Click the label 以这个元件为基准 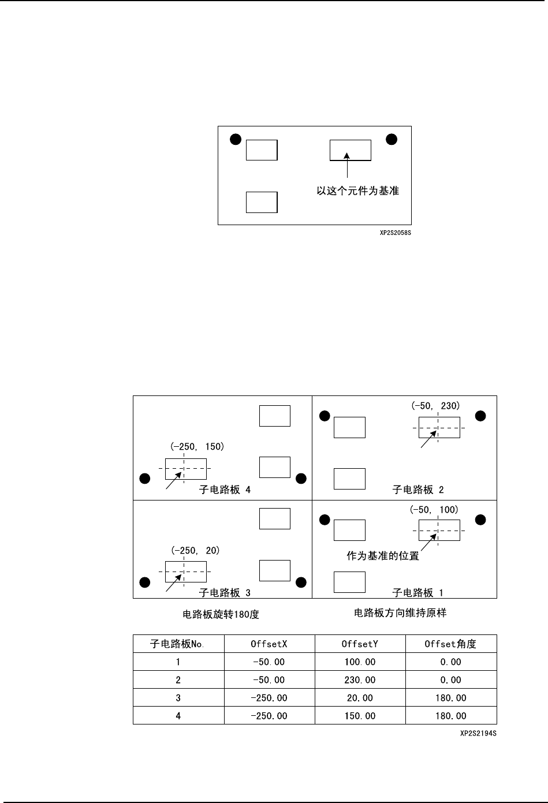(x=357, y=191)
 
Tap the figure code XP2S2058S (x=396, y=233)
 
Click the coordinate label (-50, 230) (x=435, y=406)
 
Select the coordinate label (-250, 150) (x=197, y=446)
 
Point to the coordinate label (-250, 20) (x=195, y=550)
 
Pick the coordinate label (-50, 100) (x=434, y=509)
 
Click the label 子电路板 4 (x=225, y=490)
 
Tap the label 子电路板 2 (x=418, y=490)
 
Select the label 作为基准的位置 (x=382, y=556)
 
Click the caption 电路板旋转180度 (x=221, y=615)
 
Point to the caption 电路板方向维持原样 (x=400, y=613)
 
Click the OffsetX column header (x=269, y=644)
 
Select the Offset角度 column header (x=450, y=644)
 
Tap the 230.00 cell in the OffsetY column (x=360, y=680)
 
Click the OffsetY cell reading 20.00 (x=360, y=698)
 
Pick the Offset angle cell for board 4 (x=450, y=716)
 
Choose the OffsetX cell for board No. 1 (x=269, y=662)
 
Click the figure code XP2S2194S (x=478, y=734)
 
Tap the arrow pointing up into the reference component (x=346, y=164)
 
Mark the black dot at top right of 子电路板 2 (x=480, y=416)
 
